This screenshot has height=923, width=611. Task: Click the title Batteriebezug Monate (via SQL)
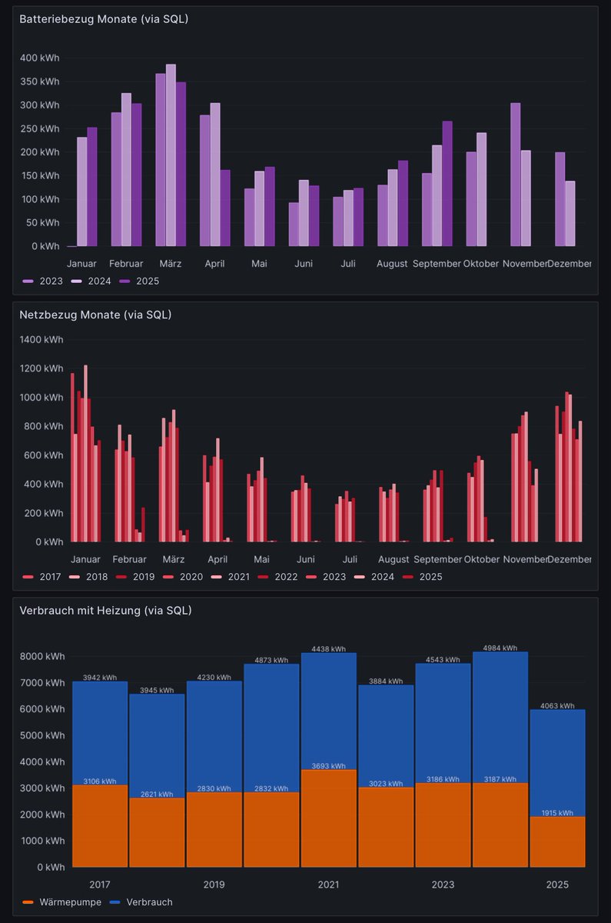[104, 19]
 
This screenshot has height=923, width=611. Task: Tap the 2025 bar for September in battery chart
[447, 184]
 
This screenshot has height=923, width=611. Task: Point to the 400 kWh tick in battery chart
[40, 58]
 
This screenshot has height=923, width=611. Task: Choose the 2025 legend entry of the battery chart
[147, 282]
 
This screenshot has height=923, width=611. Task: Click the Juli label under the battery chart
[348, 264]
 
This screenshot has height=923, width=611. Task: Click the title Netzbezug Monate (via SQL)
[95, 315]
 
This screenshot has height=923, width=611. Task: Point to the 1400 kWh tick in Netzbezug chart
[42, 339]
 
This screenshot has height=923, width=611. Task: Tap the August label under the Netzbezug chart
[393, 559]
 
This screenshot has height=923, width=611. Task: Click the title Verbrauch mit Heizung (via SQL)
[105, 611]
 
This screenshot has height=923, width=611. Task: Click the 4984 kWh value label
[500, 648]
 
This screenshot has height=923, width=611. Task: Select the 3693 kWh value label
[328, 766]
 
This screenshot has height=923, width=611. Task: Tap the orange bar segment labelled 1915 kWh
[557, 842]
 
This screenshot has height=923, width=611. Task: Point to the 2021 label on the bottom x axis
[328, 885]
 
